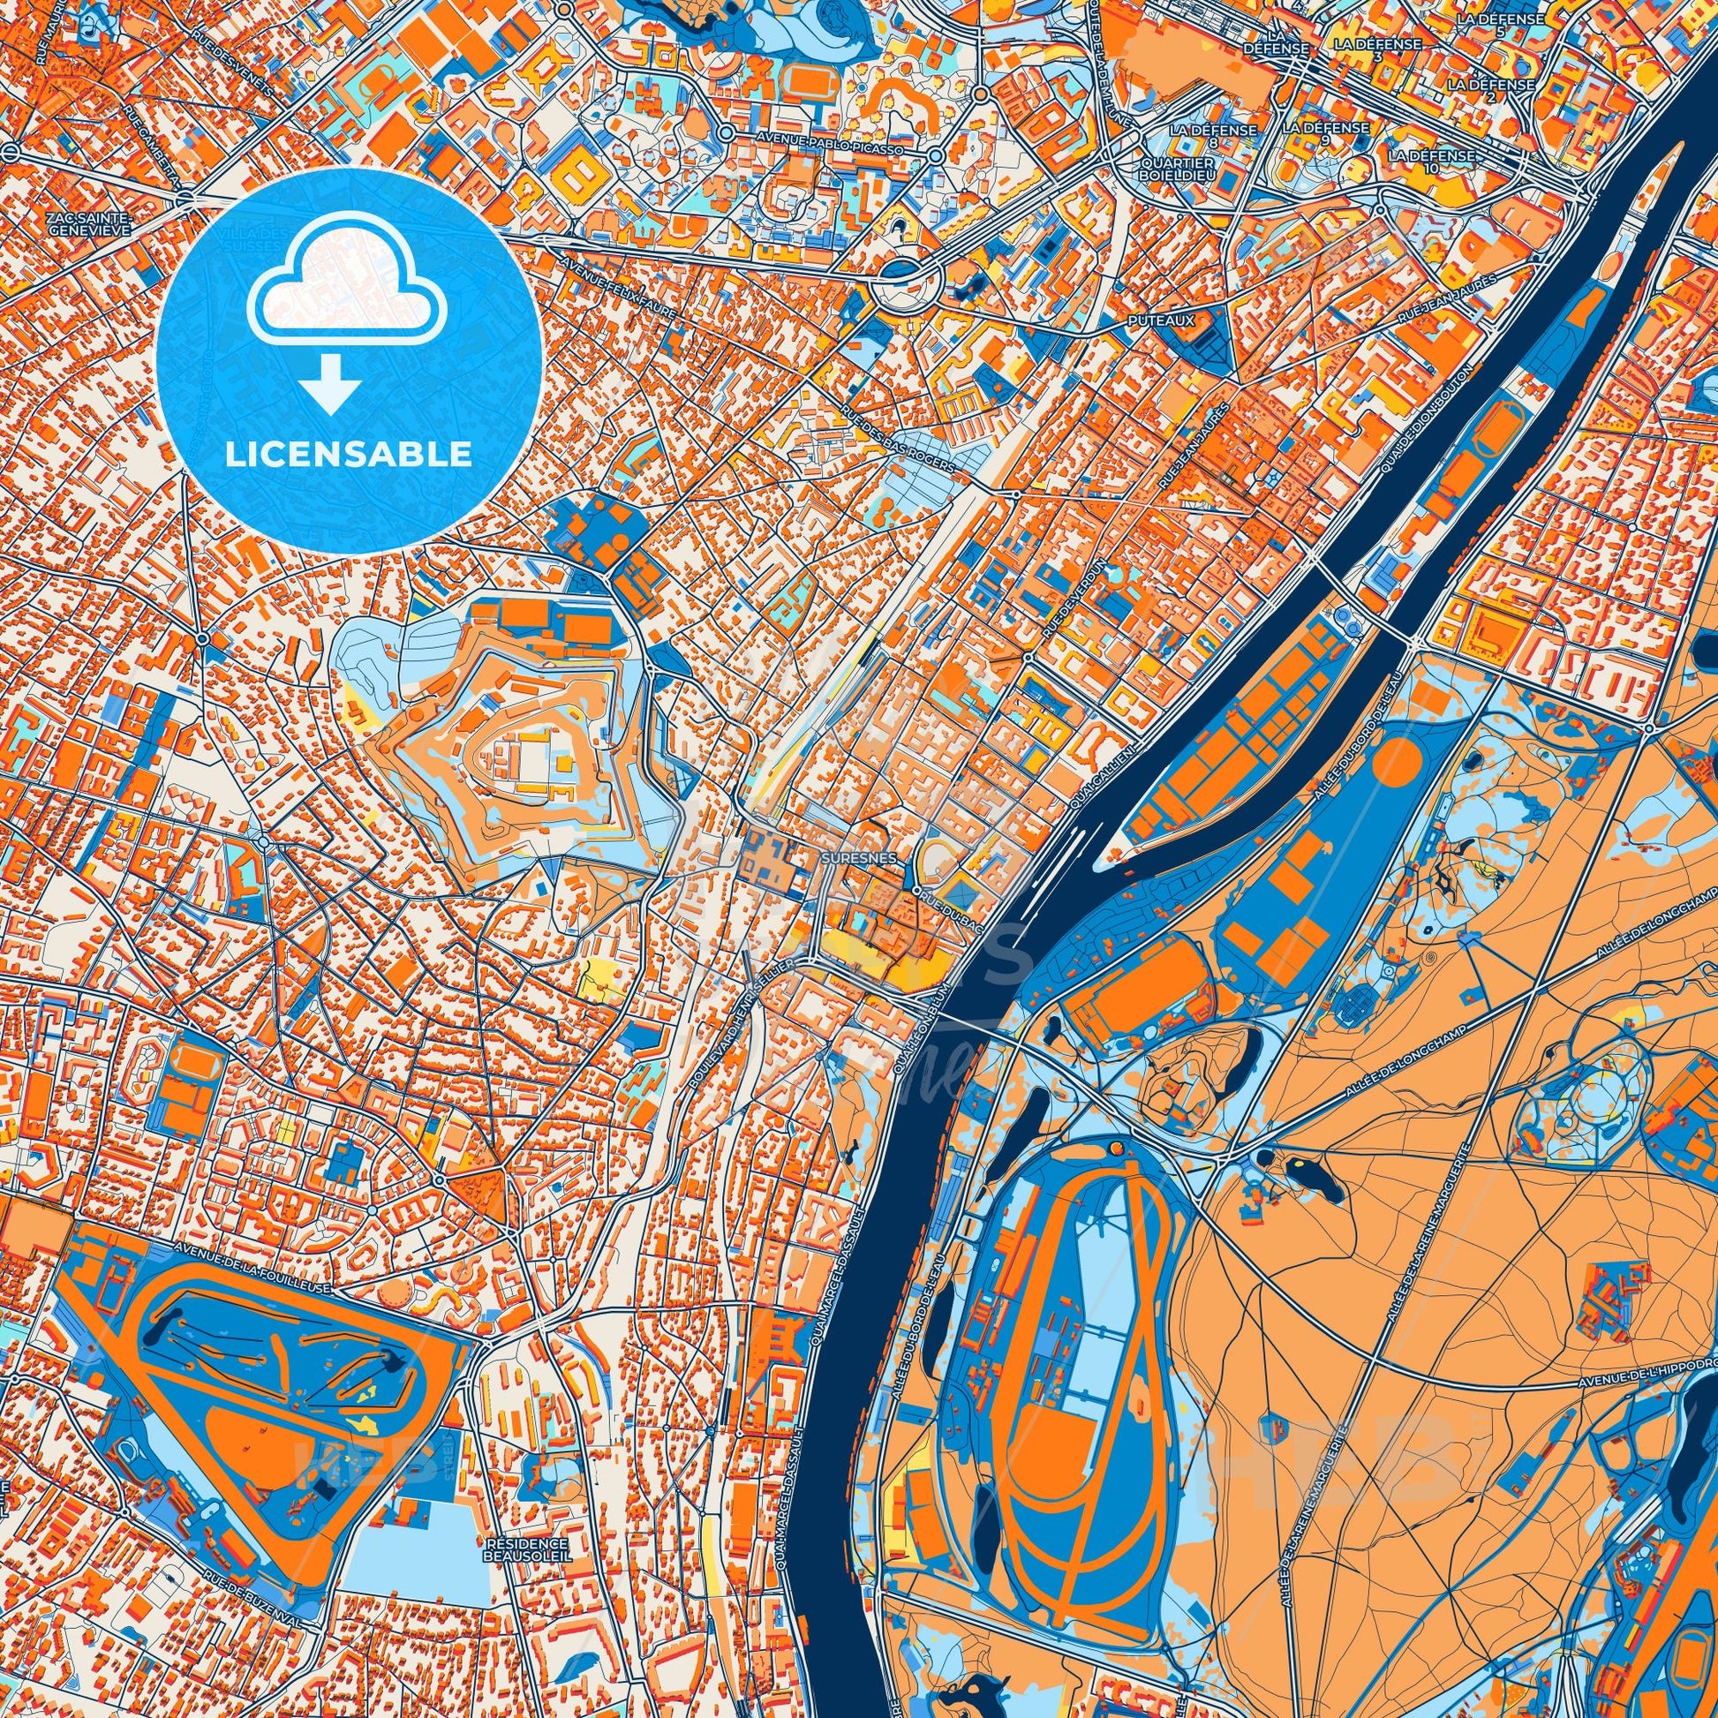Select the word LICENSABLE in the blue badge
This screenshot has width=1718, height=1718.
coord(348,455)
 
